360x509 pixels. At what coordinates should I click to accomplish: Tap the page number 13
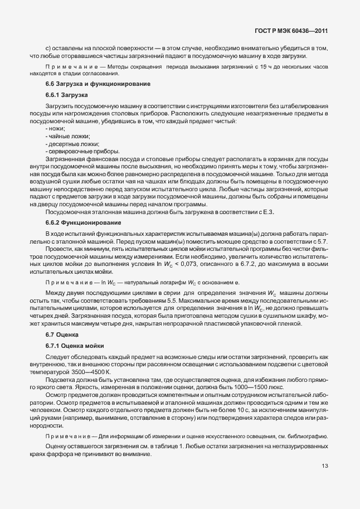pos(324,466)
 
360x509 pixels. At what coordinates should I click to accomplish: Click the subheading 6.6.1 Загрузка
pos(64,94)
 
